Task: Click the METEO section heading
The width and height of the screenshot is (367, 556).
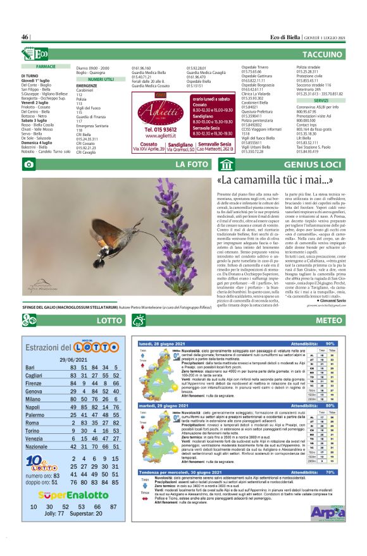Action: click(328, 320)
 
